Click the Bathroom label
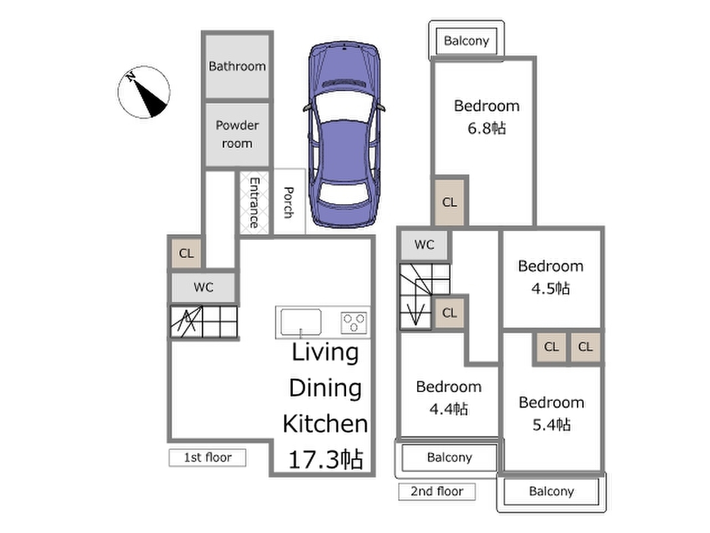(237, 66)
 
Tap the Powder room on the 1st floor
(238, 135)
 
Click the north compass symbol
(144, 92)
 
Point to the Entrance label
(254, 203)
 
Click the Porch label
(288, 202)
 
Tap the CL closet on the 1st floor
(186, 253)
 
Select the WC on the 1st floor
(204, 287)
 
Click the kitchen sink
(301, 322)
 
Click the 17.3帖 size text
(325, 459)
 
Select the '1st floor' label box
(208, 457)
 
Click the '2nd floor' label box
(437, 491)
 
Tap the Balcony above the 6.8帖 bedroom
(466, 41)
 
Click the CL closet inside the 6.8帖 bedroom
(449, 202)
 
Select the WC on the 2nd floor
(425, 245)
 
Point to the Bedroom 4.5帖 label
(550, 277)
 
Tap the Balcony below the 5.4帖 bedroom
(552, 491)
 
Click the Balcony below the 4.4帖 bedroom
(449, 457)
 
